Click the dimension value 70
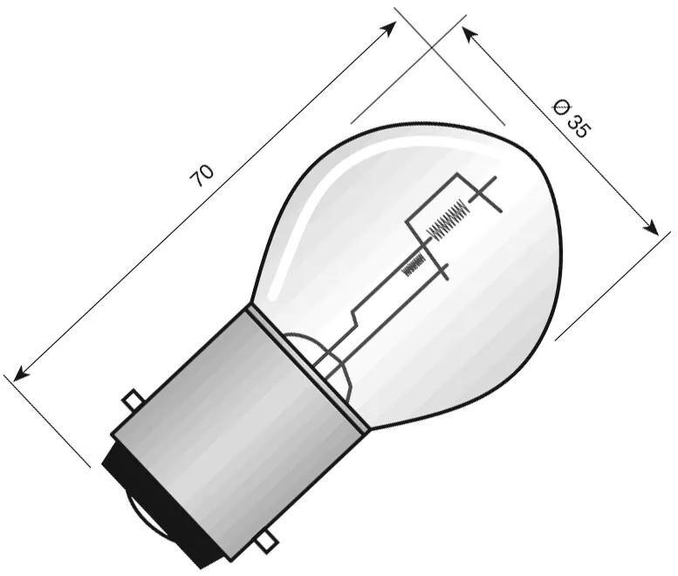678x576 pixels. click(202, 175)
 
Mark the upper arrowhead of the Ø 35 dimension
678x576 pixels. click(469, 33)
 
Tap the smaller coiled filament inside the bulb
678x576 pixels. click(414, 264)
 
